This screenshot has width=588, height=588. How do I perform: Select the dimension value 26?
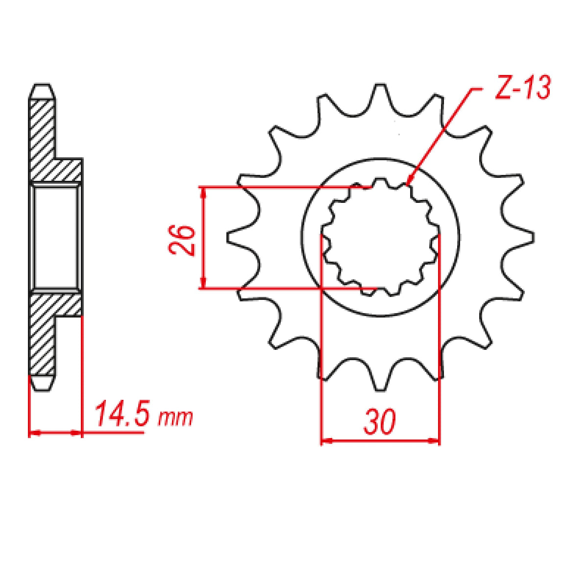click(184, 240)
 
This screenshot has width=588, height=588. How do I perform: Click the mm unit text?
click(175, 417)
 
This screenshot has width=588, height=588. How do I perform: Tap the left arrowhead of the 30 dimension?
click(323, 441)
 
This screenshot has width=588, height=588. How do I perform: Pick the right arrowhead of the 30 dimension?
click(437, 441)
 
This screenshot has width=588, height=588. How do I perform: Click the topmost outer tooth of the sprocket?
click(380, 93)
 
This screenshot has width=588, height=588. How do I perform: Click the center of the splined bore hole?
click(380, 237)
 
